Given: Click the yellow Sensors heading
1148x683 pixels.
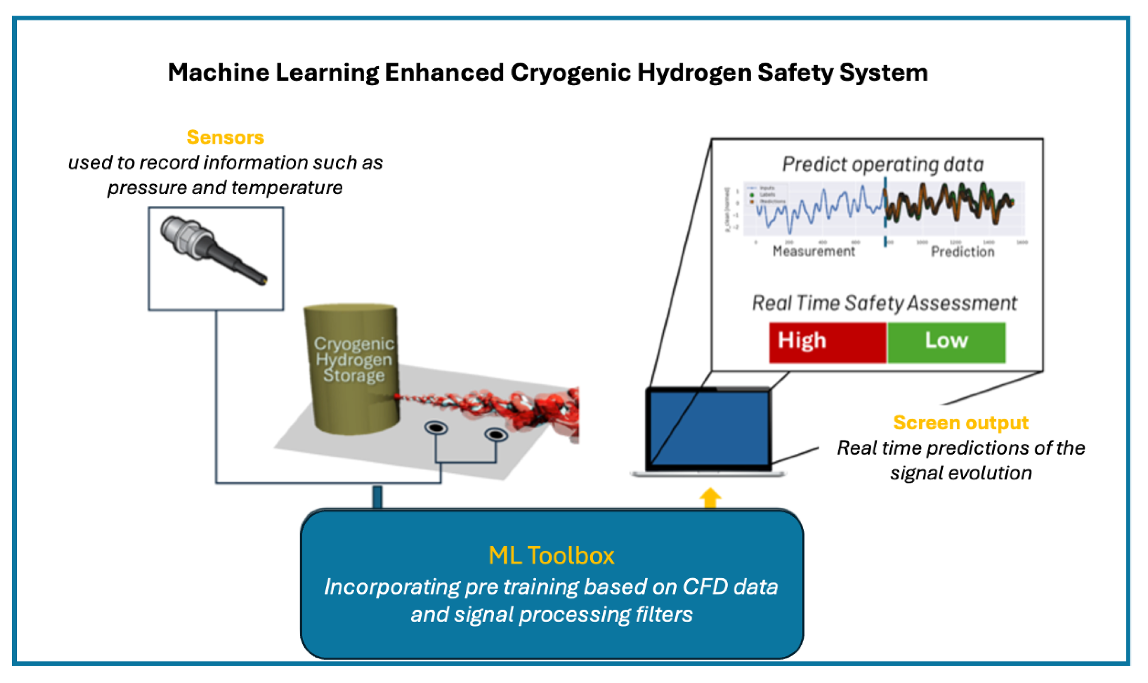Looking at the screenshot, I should (225, 137).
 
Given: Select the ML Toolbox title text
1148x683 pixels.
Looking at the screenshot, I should (551, 556).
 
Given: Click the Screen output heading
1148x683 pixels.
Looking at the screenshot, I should (960, 422).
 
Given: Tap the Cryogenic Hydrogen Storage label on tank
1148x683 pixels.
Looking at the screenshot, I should (353, 359).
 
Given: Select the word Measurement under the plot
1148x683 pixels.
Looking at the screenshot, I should (813, 251).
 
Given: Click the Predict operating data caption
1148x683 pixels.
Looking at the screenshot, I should (883, 164).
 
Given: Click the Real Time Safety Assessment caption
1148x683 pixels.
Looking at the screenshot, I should (884, 303).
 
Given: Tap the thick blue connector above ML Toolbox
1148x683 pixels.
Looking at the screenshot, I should (377, 497).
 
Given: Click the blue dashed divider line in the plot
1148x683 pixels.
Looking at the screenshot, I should (885, 212).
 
